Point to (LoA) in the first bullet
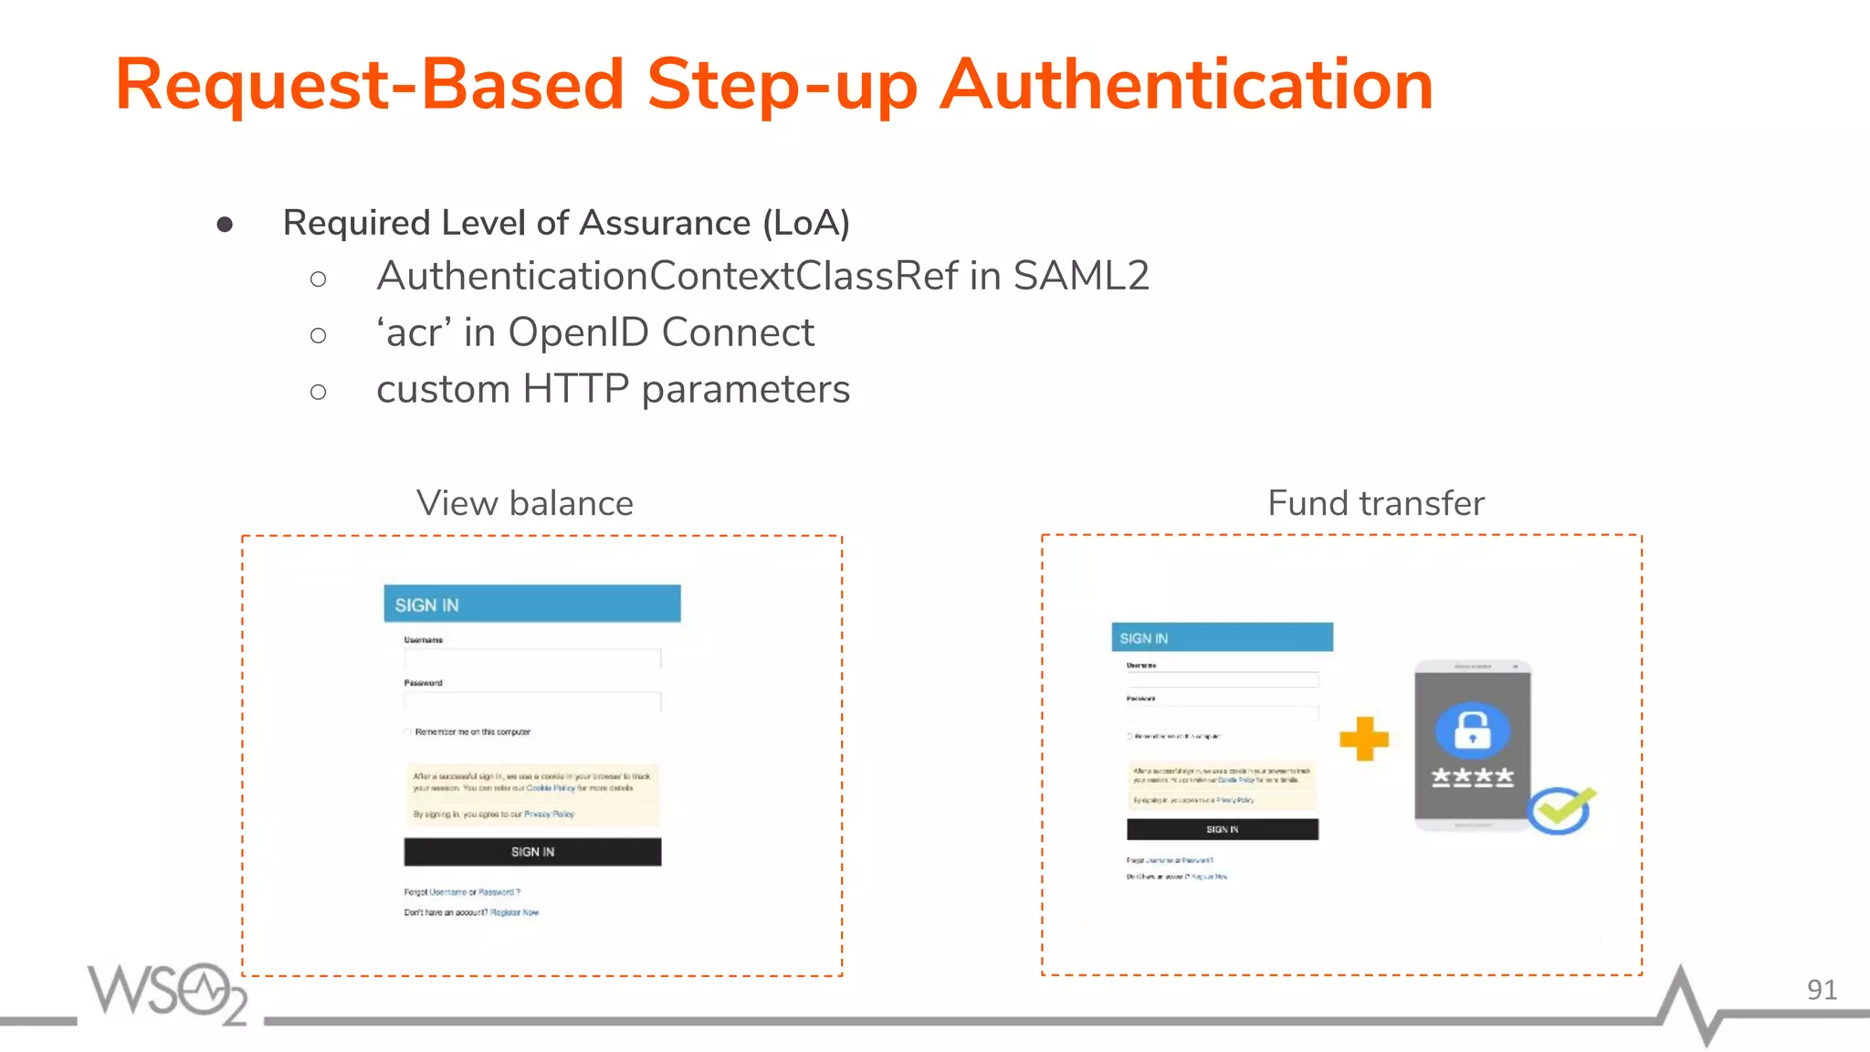coord(805,223)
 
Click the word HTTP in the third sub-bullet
coord(575,389)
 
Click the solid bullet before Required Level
coord(225,225)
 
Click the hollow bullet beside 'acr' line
coord(318,336)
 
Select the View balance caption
coord(524,503)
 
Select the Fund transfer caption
coord(1375,503)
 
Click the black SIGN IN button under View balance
coord(532,852)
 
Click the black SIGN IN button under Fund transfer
coord(1222,829)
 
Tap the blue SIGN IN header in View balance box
coord(531,605)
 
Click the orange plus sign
coord(1364,739)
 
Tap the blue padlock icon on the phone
coord(1472,730)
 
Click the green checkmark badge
coord(1560,809)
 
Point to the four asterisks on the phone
coord(1472,777)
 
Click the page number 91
coord(1821,990)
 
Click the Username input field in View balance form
coord(531,658)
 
